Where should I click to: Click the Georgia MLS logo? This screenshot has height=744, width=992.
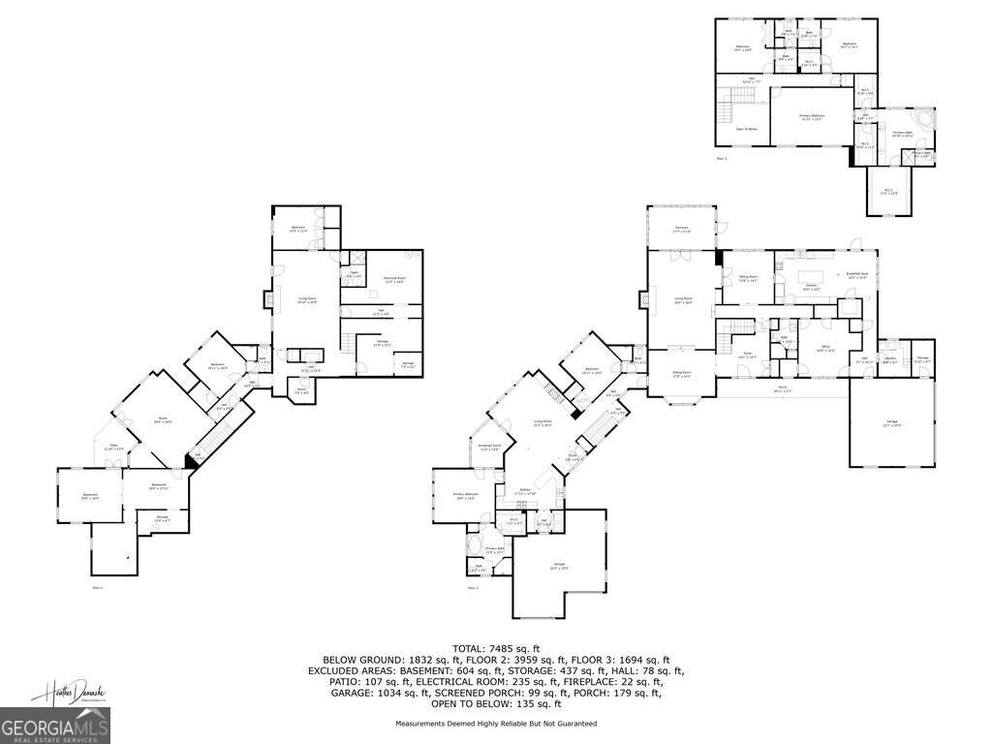pos(55,726)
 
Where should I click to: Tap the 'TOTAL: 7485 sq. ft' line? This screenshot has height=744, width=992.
pos(495,648)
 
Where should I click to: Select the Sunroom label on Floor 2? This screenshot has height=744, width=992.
pos(682,230)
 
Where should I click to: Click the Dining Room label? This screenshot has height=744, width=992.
pos(748,278)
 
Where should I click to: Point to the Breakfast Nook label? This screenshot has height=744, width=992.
pos(857,275)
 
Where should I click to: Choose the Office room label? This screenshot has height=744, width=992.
pos(825,349)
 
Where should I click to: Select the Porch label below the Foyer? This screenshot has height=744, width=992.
pos(782,390)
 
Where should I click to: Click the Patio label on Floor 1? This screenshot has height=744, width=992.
pos(113,447)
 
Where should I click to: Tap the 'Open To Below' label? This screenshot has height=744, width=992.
pos(746,129)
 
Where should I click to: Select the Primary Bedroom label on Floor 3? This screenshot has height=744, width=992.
pos(811,117)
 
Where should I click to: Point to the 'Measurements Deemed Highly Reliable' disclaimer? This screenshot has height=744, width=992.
pos(495,724)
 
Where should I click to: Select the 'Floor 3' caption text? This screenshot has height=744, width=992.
pos(721,157)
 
